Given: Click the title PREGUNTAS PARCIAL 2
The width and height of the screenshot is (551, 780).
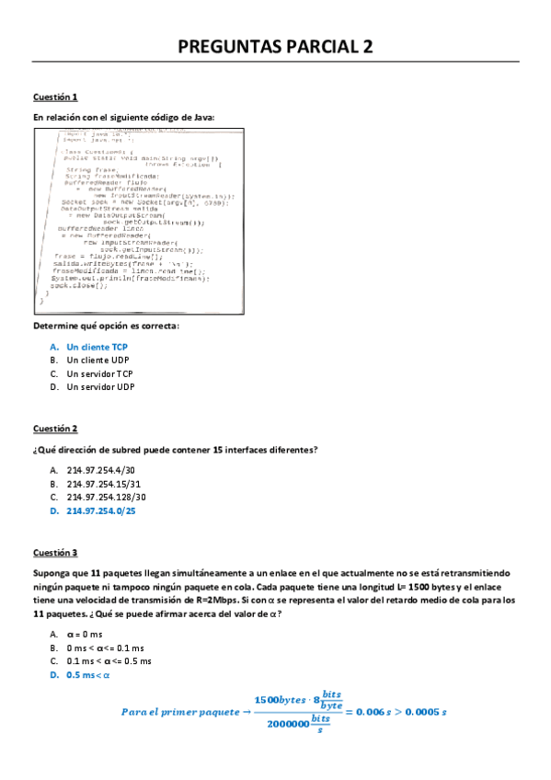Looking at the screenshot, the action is pos(275,48).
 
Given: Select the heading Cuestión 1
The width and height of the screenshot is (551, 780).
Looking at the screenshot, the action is pos(55,97).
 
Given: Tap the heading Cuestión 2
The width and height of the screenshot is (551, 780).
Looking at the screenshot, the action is pos(55,429).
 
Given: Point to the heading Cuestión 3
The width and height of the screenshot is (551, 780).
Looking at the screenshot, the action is pos(55,553).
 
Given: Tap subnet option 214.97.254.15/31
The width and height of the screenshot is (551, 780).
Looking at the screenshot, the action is pos(104,483).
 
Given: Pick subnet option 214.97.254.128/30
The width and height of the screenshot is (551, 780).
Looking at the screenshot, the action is pos(107,497).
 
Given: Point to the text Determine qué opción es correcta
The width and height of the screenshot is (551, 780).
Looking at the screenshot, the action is pos(106,327).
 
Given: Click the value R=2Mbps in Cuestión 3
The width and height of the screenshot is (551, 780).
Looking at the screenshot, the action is pos(219,587).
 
